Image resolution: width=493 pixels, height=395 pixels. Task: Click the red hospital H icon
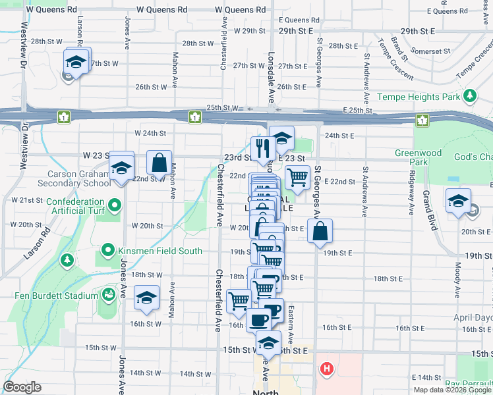[x=326, y=368]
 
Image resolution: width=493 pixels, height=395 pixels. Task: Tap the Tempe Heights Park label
[x=418, y=97]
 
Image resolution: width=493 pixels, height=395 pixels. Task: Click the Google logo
[x=22, y=386]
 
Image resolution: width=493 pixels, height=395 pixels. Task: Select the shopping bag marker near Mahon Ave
[x=159, y=162]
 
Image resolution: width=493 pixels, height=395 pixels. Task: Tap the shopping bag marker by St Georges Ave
[x=320, y=231]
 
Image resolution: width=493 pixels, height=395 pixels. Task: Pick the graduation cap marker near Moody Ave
[x=458, y=201]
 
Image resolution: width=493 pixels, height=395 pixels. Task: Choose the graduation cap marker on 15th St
[x=268, y=342]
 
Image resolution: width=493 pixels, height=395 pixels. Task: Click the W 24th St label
[x=150, y=133]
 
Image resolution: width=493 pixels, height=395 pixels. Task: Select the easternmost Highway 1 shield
[x=422, y=120]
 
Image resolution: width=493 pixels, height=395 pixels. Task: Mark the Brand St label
[x=398, y=47]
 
